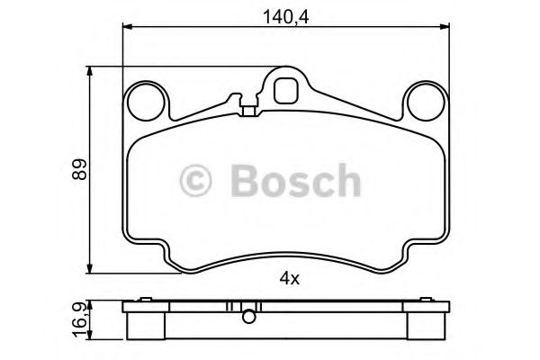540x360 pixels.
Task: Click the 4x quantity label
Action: click(x=289, y=279)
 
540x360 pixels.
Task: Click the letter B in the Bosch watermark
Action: click(x=247, y=180)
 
